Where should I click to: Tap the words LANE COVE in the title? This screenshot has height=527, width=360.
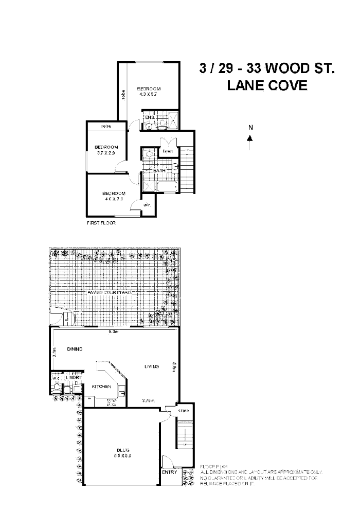(x=267, y=85)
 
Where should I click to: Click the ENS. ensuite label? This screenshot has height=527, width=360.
(x=150, y=118)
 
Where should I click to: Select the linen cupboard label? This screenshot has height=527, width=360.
(x=167, y=151)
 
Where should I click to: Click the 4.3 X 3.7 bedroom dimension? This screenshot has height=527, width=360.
(x=149, y=94)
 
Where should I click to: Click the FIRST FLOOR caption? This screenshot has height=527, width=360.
(x=101, y=223)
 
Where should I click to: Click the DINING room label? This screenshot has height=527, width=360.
(x=75, y=349)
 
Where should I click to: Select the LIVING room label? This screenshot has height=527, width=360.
(x=151, y=366)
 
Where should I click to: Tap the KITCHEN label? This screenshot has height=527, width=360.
(x=101, y=386)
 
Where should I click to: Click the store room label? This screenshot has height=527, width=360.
(x=184, y=411)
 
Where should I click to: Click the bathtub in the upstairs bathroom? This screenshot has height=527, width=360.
(x=165, y=186)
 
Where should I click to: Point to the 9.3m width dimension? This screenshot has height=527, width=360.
(x=114, y=332)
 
